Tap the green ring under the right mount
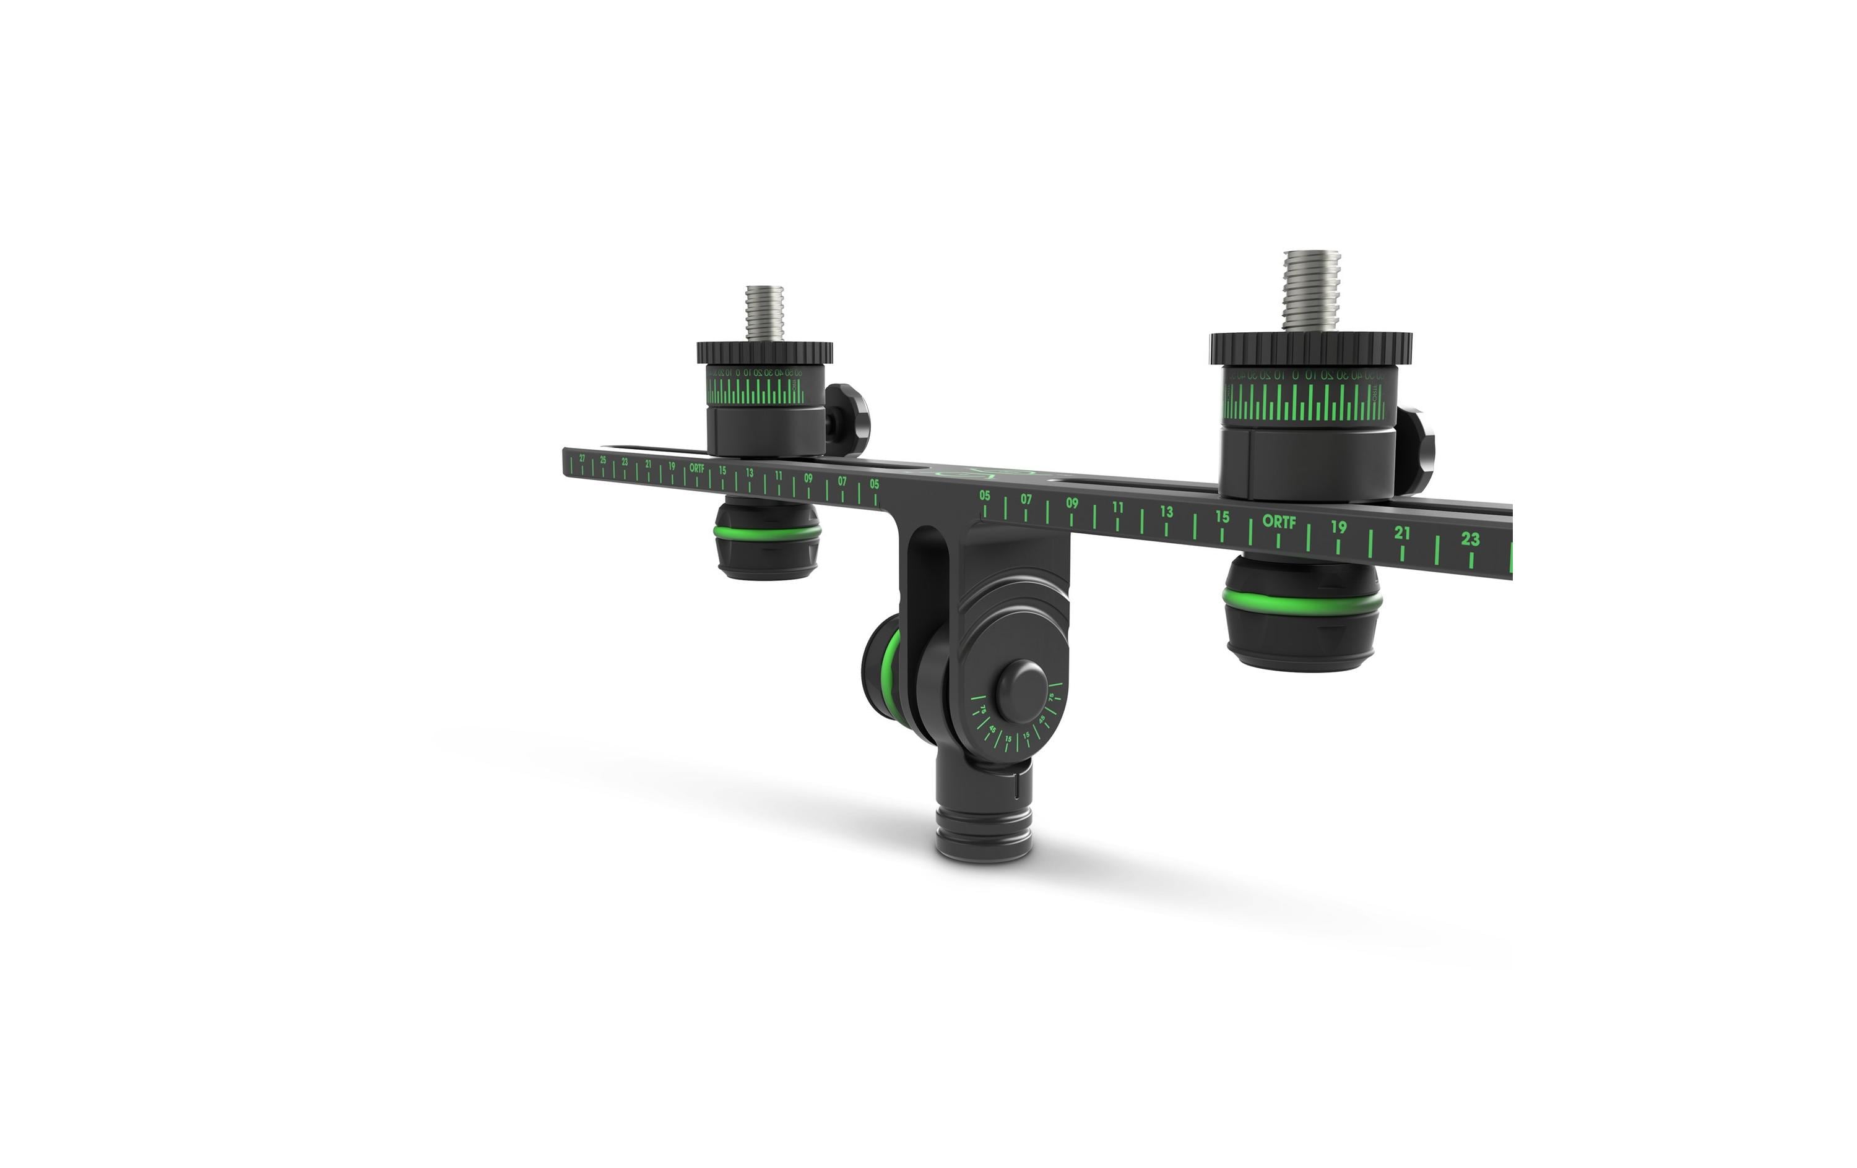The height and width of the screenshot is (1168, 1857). click(1302, 601)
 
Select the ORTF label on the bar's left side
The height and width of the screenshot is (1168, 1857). click(696, 467)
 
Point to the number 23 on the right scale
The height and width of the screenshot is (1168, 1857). click(1470, 539)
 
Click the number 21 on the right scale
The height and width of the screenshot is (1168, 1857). click(1401, 533)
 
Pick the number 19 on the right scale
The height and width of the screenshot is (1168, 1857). click(1338, 527)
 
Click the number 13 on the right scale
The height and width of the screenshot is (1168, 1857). click(1166, 512)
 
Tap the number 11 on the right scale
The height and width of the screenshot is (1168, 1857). click(1117, 507)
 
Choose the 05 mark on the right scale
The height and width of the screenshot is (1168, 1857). click(985, 496)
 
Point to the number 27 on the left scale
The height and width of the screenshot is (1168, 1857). click(582, 458)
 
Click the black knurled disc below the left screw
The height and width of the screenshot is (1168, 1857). click(764, 353)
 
